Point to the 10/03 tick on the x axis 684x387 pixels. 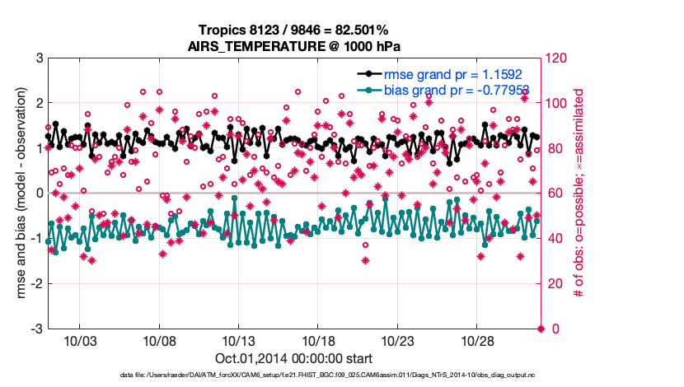tap(85, 341)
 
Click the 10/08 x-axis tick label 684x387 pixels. tap(163, 341)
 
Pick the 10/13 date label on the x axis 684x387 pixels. tap(241, 341)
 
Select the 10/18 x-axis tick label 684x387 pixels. tap(320, 341)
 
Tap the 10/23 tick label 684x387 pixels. tap(398, 341)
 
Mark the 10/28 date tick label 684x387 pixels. tap(476, 341)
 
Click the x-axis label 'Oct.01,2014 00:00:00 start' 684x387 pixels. tap(294, 358)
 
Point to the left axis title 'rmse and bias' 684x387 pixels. tap(18, 193)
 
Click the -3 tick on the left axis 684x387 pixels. tap(37, 329)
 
